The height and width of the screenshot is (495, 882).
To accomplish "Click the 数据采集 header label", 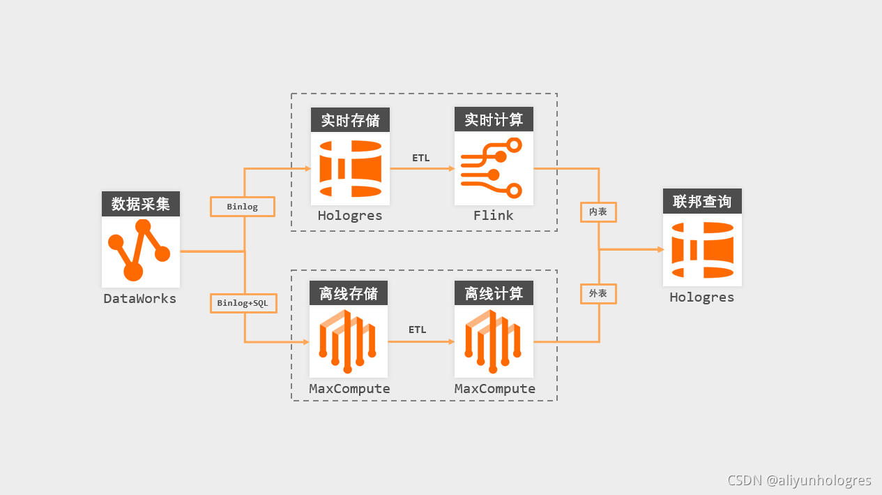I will (140, 204).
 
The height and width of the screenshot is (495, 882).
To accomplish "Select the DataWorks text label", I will (140, 299).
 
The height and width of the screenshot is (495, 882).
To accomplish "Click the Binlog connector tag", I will (242, 207).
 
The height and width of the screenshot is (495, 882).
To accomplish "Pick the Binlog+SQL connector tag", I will (243, 303).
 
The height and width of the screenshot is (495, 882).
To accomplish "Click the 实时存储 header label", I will (350, 120).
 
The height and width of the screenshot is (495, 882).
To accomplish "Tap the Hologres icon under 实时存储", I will (350, 168).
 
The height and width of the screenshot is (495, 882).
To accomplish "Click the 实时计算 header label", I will (494, 120).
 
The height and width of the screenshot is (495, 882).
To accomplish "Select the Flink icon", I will (494, 168).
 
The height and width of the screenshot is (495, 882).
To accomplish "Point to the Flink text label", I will (494, 216).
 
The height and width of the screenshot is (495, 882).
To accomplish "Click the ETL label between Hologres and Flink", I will (421, 158).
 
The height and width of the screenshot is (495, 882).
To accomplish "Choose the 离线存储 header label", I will (349, 293).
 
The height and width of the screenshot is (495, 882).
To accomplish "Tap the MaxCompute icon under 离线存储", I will (349, 341).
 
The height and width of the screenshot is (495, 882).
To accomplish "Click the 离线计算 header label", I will (494, 293).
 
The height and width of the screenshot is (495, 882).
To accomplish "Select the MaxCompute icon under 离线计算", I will (494, 341).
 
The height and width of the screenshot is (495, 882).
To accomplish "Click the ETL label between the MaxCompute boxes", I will (418, 330).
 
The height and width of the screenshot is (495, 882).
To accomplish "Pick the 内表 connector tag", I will (598, 212).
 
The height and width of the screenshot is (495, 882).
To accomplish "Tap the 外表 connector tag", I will (598, 293).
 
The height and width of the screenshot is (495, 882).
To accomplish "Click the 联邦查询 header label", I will (702, 201).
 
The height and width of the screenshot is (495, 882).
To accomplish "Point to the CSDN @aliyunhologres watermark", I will (799, 480).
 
